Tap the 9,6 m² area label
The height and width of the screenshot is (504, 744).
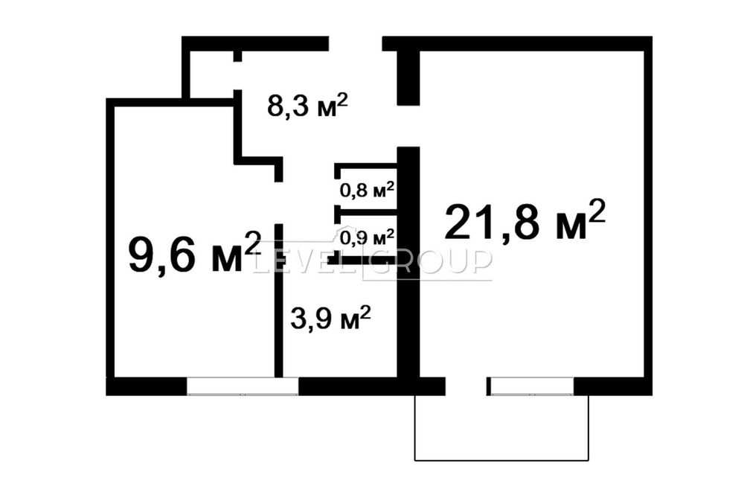coord(194,253)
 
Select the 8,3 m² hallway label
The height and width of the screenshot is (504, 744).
coord(307,106)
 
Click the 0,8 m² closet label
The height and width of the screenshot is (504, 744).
coord(366,190)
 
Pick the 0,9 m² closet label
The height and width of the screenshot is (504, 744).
coord(366,238)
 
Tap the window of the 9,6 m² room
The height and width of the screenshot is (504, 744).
coord(242,386)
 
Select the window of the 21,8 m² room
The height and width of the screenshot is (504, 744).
coord(532,386)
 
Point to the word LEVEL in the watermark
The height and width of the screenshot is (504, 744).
coord(305,261)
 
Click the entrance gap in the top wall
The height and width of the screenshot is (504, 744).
coord(356,43)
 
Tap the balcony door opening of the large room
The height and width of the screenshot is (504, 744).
coord(466,386)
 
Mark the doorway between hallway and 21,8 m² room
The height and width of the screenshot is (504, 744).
coord(408,126)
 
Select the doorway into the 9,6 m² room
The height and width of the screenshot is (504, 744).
coord(278,202)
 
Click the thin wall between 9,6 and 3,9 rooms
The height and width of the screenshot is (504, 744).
coord(278,313)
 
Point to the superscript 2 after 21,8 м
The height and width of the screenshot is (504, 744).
coord(597,208)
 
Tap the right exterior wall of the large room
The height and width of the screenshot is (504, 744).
coord(648,216)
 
